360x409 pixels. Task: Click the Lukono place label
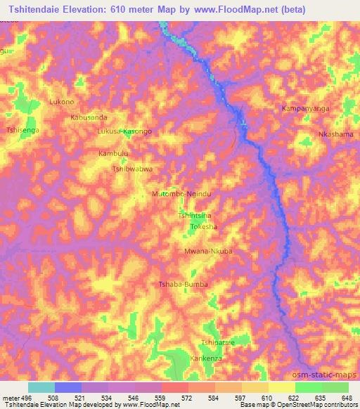[x=61, y=102]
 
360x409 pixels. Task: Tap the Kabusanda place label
[x=89, y=117]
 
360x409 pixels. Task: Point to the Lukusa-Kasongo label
[x=125, y=131]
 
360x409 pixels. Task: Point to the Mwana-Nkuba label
[x=207, y=250]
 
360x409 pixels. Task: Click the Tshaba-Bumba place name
[x=183, y=284]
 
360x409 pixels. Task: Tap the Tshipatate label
[x=217, y=342]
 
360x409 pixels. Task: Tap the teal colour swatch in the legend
[x=41, y=387]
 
